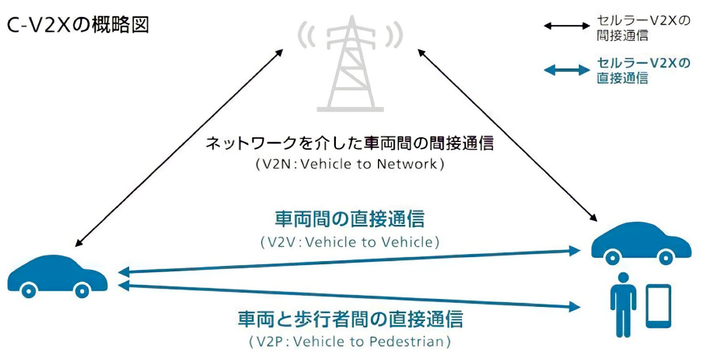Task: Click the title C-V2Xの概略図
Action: point(78,25)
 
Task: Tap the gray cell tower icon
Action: point(350,63)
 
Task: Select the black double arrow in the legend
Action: point(567,26)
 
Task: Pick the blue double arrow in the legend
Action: point(567,70)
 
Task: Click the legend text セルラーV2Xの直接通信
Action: point(643,71)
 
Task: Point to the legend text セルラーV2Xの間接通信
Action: point(643,28)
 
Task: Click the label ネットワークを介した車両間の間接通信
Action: point(350,143)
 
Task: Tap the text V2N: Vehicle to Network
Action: point(350,164)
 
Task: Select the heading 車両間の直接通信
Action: point(350,219)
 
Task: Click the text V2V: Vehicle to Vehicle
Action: point(350,243)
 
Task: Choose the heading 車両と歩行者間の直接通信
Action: point(350,319)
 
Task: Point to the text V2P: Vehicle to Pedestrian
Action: point(350,341)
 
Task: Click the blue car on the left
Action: point(58,276)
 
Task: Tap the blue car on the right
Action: point(641,243)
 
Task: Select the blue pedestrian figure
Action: point(623,305)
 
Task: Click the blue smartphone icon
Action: point(658,306)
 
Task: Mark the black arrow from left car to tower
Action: point(179,148)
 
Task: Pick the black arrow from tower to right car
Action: point(508,135)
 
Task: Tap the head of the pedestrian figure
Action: point(623,278)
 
